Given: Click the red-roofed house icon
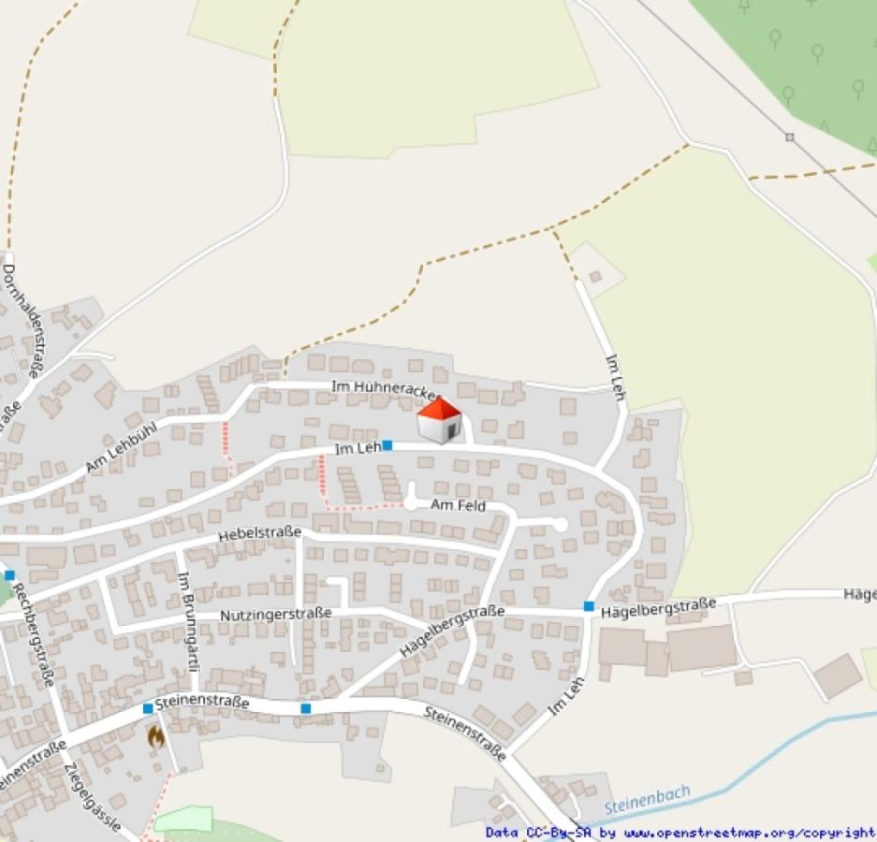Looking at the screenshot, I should coord(439,420).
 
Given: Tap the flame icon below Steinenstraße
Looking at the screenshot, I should coord(155,736).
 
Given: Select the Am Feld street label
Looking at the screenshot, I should coord(459,505).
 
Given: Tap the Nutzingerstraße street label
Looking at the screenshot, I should coord(276,615).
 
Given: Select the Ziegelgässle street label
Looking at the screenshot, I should coord(93,796).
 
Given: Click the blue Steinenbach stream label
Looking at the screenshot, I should coord(647,801).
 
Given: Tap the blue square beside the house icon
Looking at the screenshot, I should coord(387,445).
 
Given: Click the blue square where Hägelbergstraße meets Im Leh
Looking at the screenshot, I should coord(589,606).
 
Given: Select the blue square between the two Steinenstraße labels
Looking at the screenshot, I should coord(305,708).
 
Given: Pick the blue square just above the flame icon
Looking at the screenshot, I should coord(148,708).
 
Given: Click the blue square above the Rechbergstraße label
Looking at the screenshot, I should coord(9,574).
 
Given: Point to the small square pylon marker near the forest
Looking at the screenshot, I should coord(789,138).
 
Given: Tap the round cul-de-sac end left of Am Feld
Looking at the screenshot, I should coord(410,503).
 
